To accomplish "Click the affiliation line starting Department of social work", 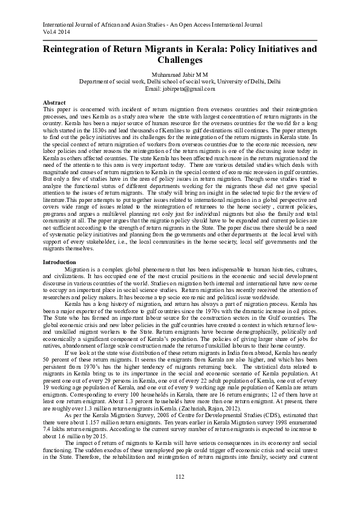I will pyautogui.click(x=180, y=81).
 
